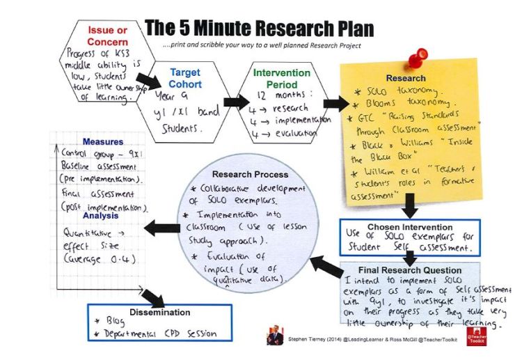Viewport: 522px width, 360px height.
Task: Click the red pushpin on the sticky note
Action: (x=420, y=55)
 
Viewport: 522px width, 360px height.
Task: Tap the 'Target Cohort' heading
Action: (x=185, y=79)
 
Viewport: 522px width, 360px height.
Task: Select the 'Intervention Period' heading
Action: (x=282, y=77)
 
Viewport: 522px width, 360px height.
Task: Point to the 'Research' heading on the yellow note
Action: (x=406, y=78)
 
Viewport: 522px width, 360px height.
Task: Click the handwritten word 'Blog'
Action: (x=116, y=322)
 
